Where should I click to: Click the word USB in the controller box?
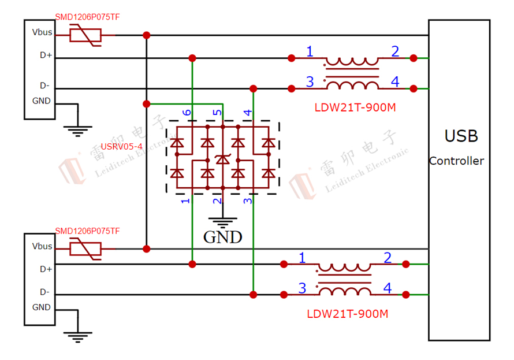click(461, 136)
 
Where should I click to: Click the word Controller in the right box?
click(456, 161)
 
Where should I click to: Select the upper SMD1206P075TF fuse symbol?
click(85, 36)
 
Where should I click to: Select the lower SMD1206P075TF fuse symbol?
click(85, 249)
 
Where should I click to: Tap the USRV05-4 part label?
click(121, 147)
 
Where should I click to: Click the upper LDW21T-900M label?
click(355, 107)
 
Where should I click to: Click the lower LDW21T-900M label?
click(347, 314)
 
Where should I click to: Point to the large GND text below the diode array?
click(223, 237)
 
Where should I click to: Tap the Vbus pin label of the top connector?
click(42, 32)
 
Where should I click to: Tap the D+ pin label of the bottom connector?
click(46, 269)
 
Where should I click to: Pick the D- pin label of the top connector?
click(44, 86)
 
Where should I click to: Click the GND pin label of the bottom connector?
click(42, 307)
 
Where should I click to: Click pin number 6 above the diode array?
click(186, 112)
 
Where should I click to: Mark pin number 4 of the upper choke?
click(394, 82)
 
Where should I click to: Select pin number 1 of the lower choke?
click(301, 258)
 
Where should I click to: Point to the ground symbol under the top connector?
click(76, 129)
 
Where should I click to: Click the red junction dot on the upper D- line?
click(253, 88)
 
